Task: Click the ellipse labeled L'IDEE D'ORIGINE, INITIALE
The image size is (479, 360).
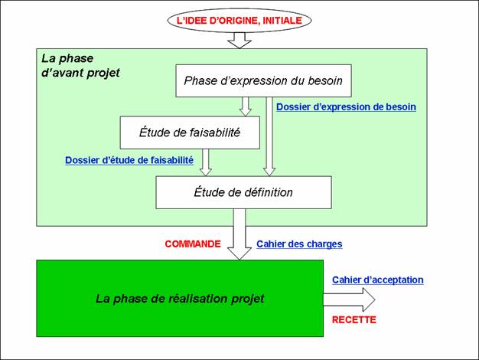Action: click(x=239, y=21)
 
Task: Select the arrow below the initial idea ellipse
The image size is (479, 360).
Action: click(x=239, y=40)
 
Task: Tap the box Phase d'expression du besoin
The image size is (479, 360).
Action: click(x=263, y=80)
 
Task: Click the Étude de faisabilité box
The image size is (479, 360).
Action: click(x=190, y=133)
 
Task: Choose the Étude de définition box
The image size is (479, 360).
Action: click(x=243, y=192)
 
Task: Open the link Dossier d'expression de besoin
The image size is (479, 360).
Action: click(x=346, y=107)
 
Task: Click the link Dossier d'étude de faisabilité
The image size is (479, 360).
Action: click(x=129, y=160)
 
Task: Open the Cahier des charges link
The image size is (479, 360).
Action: click(x=299, y=244)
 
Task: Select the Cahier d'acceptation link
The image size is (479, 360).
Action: click(x=378, y=280)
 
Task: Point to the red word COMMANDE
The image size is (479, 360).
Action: click(x=193, y=244)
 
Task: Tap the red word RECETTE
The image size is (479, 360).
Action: click(x=354, y=320)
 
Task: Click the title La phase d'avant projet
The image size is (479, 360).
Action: click(x=80, y=66)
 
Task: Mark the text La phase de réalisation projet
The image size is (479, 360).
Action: click(x=180, y=299)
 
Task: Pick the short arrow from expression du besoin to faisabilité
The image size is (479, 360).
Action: click(x=246, y=106)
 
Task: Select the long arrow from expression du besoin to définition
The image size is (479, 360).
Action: click(x=269, y=136)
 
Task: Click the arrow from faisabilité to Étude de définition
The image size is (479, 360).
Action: click(x=206, y=162)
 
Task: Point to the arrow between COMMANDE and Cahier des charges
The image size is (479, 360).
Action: click(x=239, y=234)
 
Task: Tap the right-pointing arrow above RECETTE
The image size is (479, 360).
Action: click(x=349, y=299)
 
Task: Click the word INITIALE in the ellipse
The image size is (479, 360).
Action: click(x=282, y=21)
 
